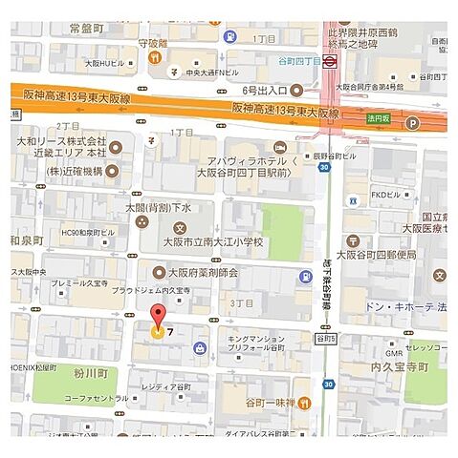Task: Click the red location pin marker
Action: pyautogui.click(x=159, y=316)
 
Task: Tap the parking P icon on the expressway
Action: pyautogui.click(x=413, y=122)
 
